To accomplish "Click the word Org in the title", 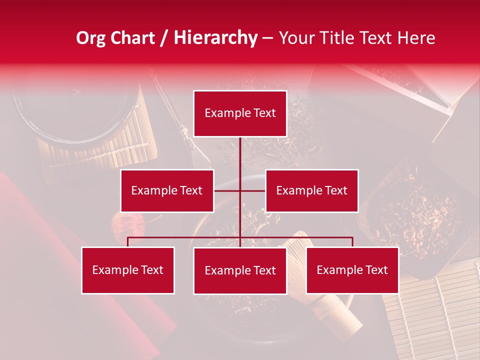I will coord(91,38).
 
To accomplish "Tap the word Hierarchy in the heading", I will coord(215,38).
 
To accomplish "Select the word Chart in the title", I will coord(132,38).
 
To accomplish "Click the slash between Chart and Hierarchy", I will coord(164,38).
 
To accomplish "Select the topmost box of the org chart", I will coord(240,113).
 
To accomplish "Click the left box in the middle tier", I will coord(167,190).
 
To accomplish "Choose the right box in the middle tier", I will coord(311,190).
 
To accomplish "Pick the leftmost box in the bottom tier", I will coord(128,270).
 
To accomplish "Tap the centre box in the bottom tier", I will coord(240,270).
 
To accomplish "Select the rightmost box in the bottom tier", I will coord(352,270).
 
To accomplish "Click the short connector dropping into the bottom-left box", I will coord(128,242).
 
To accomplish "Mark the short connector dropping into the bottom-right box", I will coord(352,242).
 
